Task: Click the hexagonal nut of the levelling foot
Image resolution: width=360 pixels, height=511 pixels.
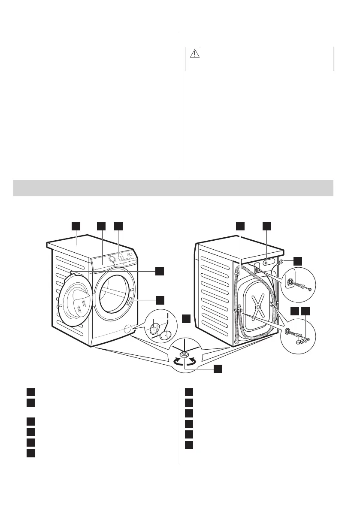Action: click(184, 354)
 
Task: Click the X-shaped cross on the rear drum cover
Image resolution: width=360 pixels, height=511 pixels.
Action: click(257, 307)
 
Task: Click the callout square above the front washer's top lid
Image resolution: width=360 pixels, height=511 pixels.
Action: click(76, 226)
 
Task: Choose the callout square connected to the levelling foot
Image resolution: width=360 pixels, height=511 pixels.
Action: click(218, 368)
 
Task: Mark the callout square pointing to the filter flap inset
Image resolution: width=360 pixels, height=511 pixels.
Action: click(186, 318)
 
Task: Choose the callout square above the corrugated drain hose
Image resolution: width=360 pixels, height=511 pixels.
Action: click(241, 226)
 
